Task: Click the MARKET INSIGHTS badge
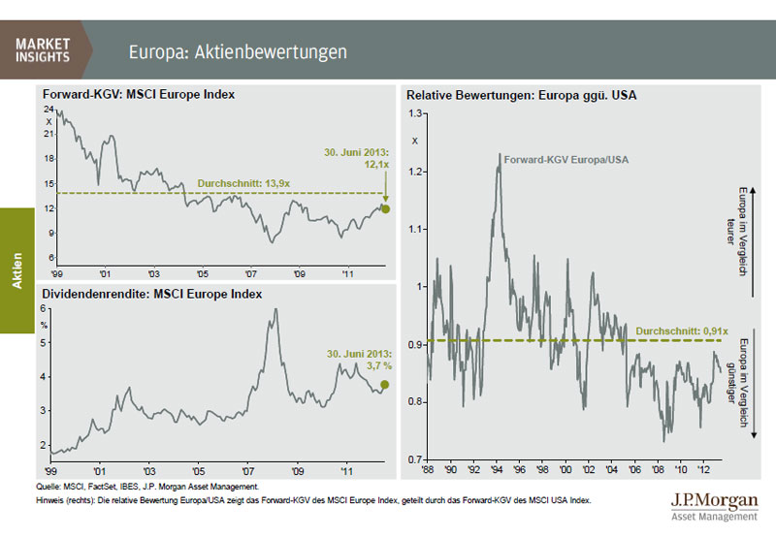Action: click(x=43, y=49)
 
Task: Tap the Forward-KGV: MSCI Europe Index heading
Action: click(x=138, y=95)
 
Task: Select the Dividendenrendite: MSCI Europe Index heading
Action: click(x=151, y=293)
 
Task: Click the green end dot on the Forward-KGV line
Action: click(x=385, y=208)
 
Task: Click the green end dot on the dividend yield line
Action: click(x=384, y=385)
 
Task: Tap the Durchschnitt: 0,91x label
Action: click(x=676, y=331)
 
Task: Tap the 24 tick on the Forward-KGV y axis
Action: click(x=48, y=111)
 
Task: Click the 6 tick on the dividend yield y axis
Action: click(x=44, y=308)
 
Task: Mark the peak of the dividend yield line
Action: click(x=276, y=310)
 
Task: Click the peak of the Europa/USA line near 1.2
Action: click(x=500, y=153)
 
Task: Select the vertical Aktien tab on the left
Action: click(x=16, y=268)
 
